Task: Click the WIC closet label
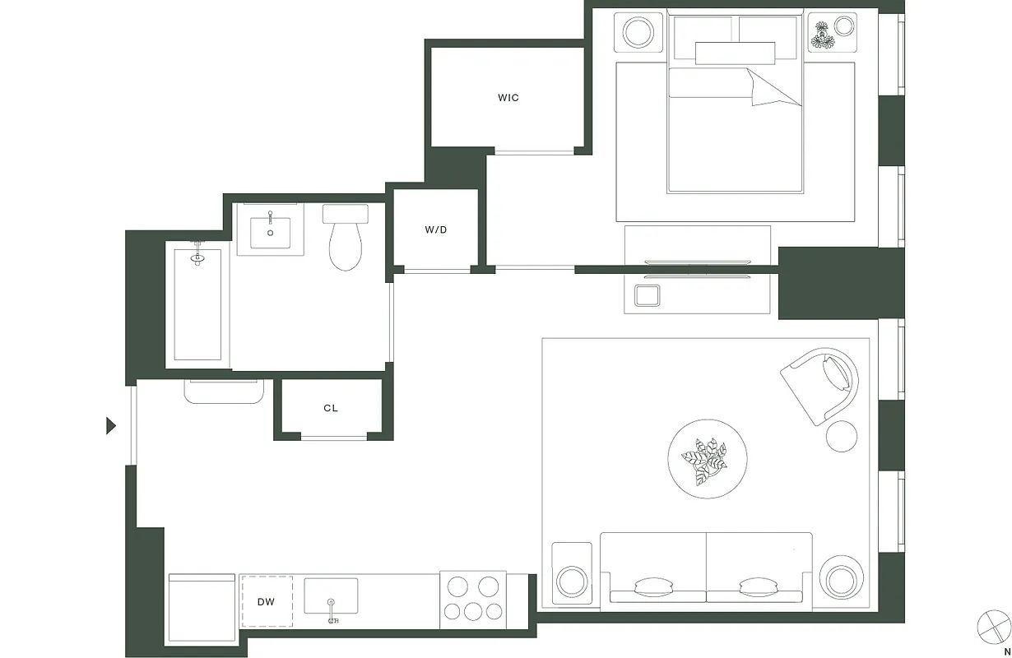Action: click(508, 98)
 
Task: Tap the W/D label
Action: click(436, 229)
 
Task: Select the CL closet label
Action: click(331, 408)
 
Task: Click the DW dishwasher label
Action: click(266, 602)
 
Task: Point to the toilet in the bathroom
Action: click(346, 241)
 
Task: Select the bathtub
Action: click(197, 304)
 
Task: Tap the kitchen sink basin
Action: click(331, 595)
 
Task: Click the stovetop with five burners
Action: click(472, 598)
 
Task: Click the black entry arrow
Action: click(111, 425)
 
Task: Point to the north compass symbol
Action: click(993, 626)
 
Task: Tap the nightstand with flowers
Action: click(832, 34)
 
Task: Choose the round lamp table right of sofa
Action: click(841, 579)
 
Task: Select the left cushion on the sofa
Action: click(655, 586)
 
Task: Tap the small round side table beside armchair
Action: click(841, 435)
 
